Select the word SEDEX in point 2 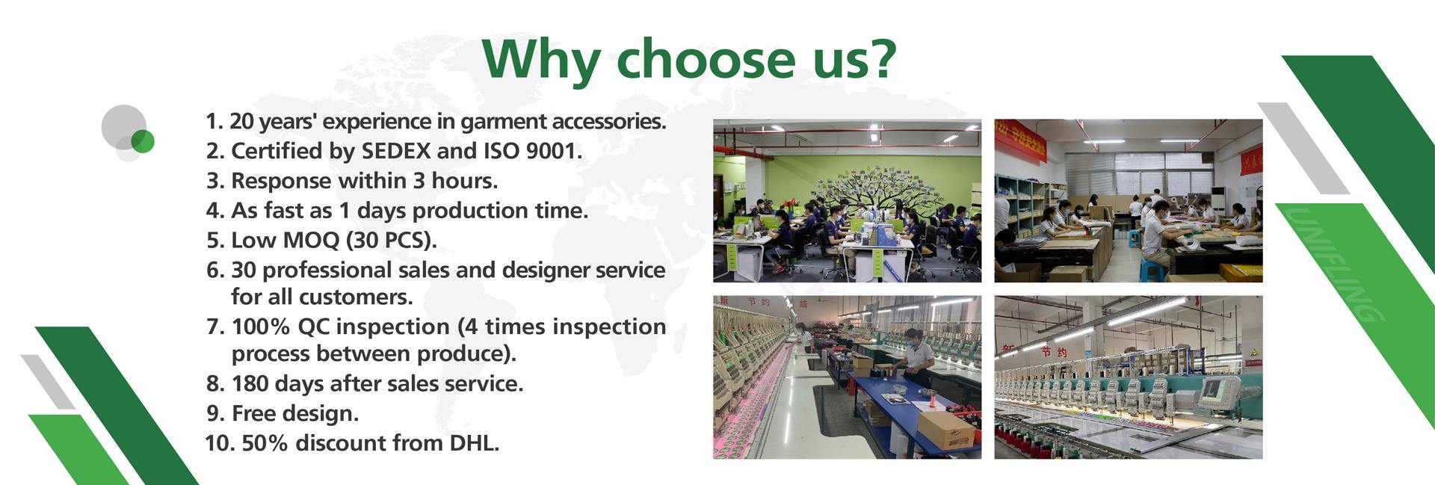[x=396, y=151]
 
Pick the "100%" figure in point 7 [x=262, y=327]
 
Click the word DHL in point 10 [x=474, y=443]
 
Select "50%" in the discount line [x=265, y=443]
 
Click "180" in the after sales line [x=250, y=383]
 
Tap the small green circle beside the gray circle [x=142, y=140]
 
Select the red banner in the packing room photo [x=1020, y=140]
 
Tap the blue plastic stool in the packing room [x=1152, y=270]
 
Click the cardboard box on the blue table [x=945, y=430]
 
